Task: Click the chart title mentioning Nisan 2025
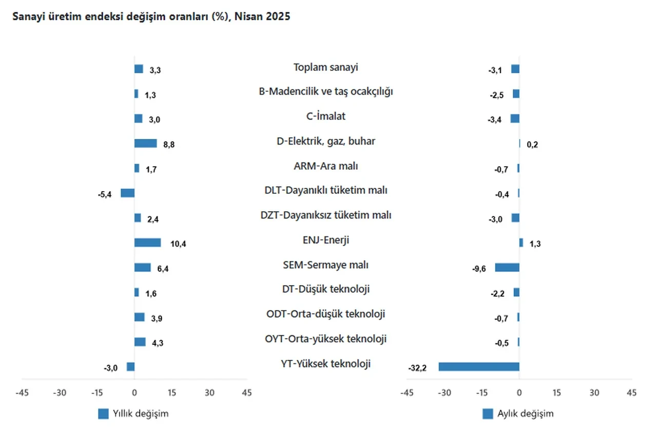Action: tap(151, 16)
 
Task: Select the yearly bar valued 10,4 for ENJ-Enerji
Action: tap(147, 242)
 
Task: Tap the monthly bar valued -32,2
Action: tap(479, 367)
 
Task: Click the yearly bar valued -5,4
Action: tap(127, 193)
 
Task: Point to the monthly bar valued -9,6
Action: tap(507, 268)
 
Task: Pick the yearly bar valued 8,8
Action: tap(145, 144)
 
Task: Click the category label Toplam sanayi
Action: tap(325, 67)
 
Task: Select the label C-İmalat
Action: tap(325, 116)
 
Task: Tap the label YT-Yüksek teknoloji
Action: tap(325, 364)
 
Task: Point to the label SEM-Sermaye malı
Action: tap(325, 265)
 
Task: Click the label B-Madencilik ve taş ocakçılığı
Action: tap(325, 92)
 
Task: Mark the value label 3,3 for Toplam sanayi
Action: tap(155, 70)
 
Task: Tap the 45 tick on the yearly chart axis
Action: tap(246, 393)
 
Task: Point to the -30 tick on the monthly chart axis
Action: tap(445, 393)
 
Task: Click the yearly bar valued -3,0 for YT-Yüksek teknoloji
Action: tap(130, 367)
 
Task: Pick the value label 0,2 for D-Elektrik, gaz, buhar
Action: tap(532, 145)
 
